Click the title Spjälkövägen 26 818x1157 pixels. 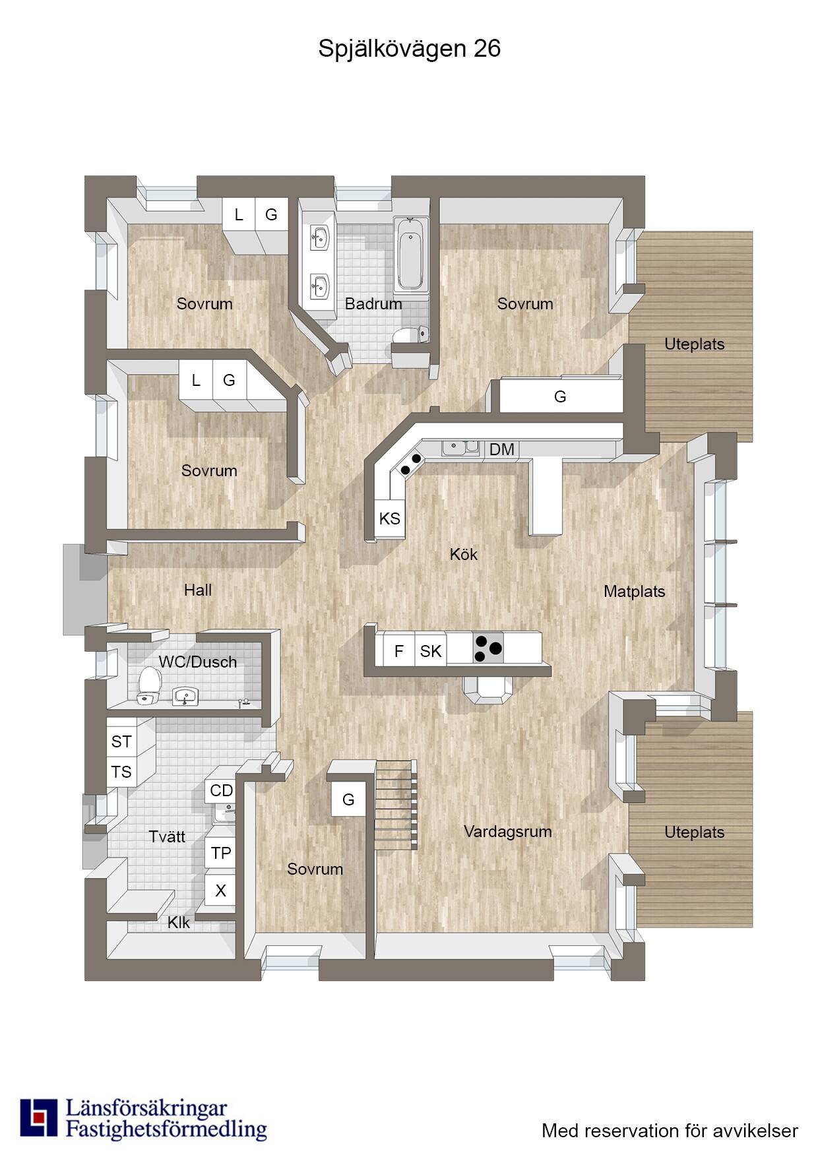click(x=409, y=49)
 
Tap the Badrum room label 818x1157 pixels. click(x=373, y=304)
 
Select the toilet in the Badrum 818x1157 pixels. click(x=410, y=334)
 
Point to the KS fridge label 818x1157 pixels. click(x=390, y=518)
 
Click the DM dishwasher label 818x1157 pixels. click(x=502, y=449)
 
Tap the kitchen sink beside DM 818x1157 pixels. click(x=461, y=448)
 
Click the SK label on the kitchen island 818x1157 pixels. click(x=431, y=652)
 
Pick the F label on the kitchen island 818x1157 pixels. click(x=398, y=652)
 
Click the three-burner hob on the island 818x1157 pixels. click(x=488, y=648)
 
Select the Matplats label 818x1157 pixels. click(x=635, y=592)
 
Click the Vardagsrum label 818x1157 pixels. click(x=508, y=832)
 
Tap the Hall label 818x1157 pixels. click(x=198, y=590)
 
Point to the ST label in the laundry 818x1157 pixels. click(x=121, y=741)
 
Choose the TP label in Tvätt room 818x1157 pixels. click(x=221, y=854)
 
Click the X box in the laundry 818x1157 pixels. click(x=220, y=891)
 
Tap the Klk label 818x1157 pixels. click(x=179, y=923)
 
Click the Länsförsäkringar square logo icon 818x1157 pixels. click(x=39, y=1118)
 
